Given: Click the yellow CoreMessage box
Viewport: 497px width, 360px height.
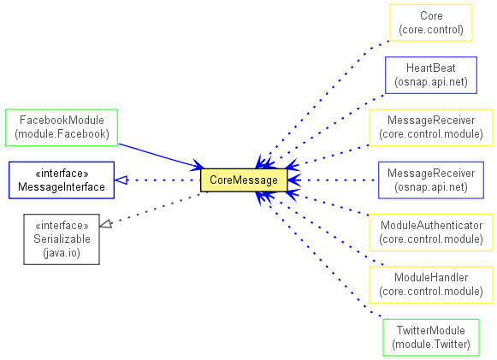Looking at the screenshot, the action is pos(244,180).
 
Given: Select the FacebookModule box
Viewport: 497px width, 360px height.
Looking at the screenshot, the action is pos(62,127).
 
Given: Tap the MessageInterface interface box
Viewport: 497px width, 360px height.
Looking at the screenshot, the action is pos(62,180).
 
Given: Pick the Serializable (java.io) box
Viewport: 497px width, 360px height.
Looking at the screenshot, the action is pos(62,239).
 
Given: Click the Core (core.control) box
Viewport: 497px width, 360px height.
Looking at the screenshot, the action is pos(431,23).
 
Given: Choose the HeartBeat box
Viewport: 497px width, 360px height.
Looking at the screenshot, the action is pos(431,75).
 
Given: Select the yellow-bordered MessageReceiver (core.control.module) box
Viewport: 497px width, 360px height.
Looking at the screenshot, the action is pos(431,127).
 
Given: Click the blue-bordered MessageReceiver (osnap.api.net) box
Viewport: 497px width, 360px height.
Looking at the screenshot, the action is pos(431,180).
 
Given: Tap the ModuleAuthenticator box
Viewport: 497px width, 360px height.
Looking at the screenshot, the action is pos(431,233).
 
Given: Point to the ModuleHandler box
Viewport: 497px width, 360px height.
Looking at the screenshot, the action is pos(431,285).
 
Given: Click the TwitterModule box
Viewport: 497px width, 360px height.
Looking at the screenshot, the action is pos(431,337).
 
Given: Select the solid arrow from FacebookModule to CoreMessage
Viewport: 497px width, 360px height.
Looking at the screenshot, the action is pos(161,156).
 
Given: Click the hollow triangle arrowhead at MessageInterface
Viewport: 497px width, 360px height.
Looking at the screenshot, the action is pos(121,180).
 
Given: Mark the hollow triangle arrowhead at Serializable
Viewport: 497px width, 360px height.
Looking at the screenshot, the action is pos(106,224).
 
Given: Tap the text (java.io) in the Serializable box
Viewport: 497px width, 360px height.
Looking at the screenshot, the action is pos(62,253).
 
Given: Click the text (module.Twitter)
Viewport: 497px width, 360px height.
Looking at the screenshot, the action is pos(431,344).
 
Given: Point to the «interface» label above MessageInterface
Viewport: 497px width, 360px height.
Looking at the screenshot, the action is pos(62,173).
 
